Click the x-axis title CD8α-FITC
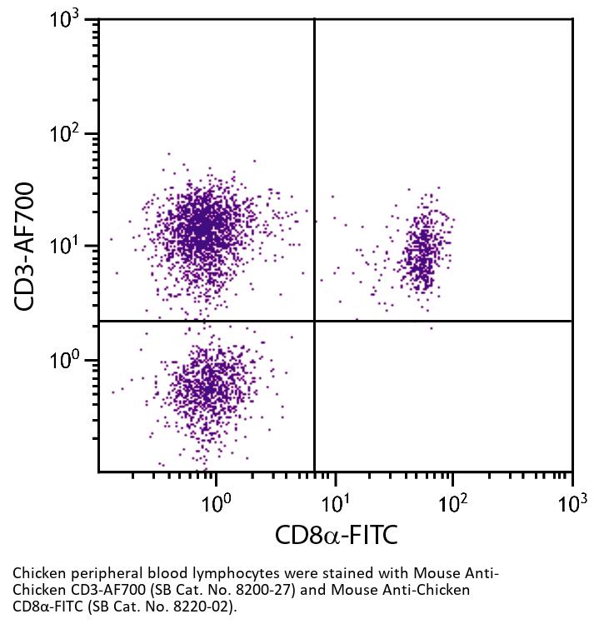coord(336,534)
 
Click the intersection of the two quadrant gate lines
coord(314,321)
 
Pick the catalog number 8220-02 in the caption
coord(197,606)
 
